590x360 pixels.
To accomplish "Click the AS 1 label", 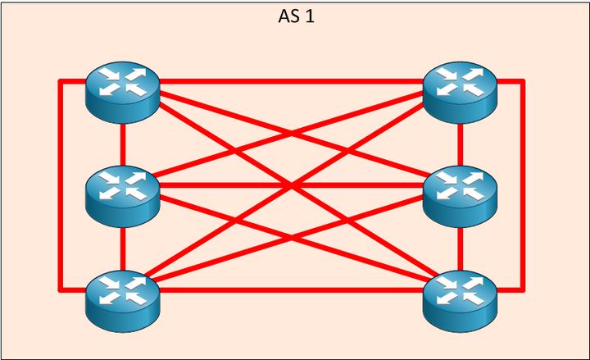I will click(x=296, y=16).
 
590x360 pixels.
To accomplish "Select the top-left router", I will click(x=122, y=89).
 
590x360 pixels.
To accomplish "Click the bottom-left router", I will click(x=122, y=297).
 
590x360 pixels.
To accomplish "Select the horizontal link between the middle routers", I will click(x=246, y=185).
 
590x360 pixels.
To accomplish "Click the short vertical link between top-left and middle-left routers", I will click(x=122, y=141).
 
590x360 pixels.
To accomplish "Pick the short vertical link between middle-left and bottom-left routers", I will click(x=122, y=244).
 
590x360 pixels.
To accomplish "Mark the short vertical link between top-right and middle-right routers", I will click(x=461, y=141).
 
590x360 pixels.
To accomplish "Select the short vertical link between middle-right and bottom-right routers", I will click(x=461, y=244).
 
